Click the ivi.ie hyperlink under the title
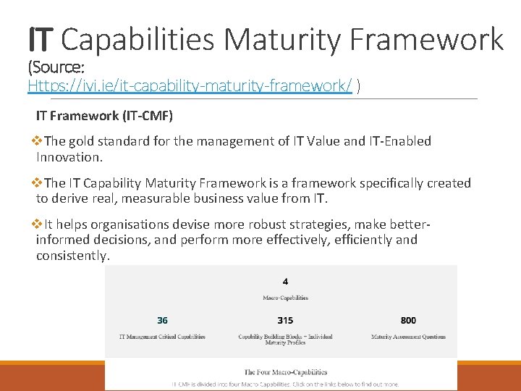pyautogui.click(x=190, y=86)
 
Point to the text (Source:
pyautogui.click(x=56, y=68)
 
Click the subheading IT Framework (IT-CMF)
pyautogui.click(x=104, y=116)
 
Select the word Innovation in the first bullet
pyautogui.click(x=69, y=157)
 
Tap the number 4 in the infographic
pyautogui.click(x=284, y=281)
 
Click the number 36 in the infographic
pyautogui.click(x=163, y=320)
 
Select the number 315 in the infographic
pyautogui.click(x=285, y=320)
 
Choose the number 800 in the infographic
pyautogui.click(x=408, y=320)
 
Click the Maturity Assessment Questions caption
pyautogui.click(x=408, y=337)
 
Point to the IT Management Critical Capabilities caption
pyautogui.click(x=162, y=337)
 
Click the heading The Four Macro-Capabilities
pyautogui.click(x=285, y=372)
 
